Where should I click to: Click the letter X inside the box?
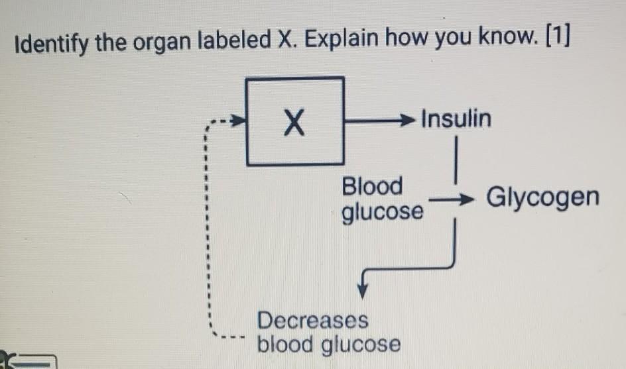point(295,123)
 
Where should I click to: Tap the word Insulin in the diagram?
point(456,119)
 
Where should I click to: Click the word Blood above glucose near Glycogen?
point(372,186)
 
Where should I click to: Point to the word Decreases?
point(312,320)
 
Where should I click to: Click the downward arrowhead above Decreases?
point(363,289)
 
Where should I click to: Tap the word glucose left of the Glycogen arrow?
point(382,213)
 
